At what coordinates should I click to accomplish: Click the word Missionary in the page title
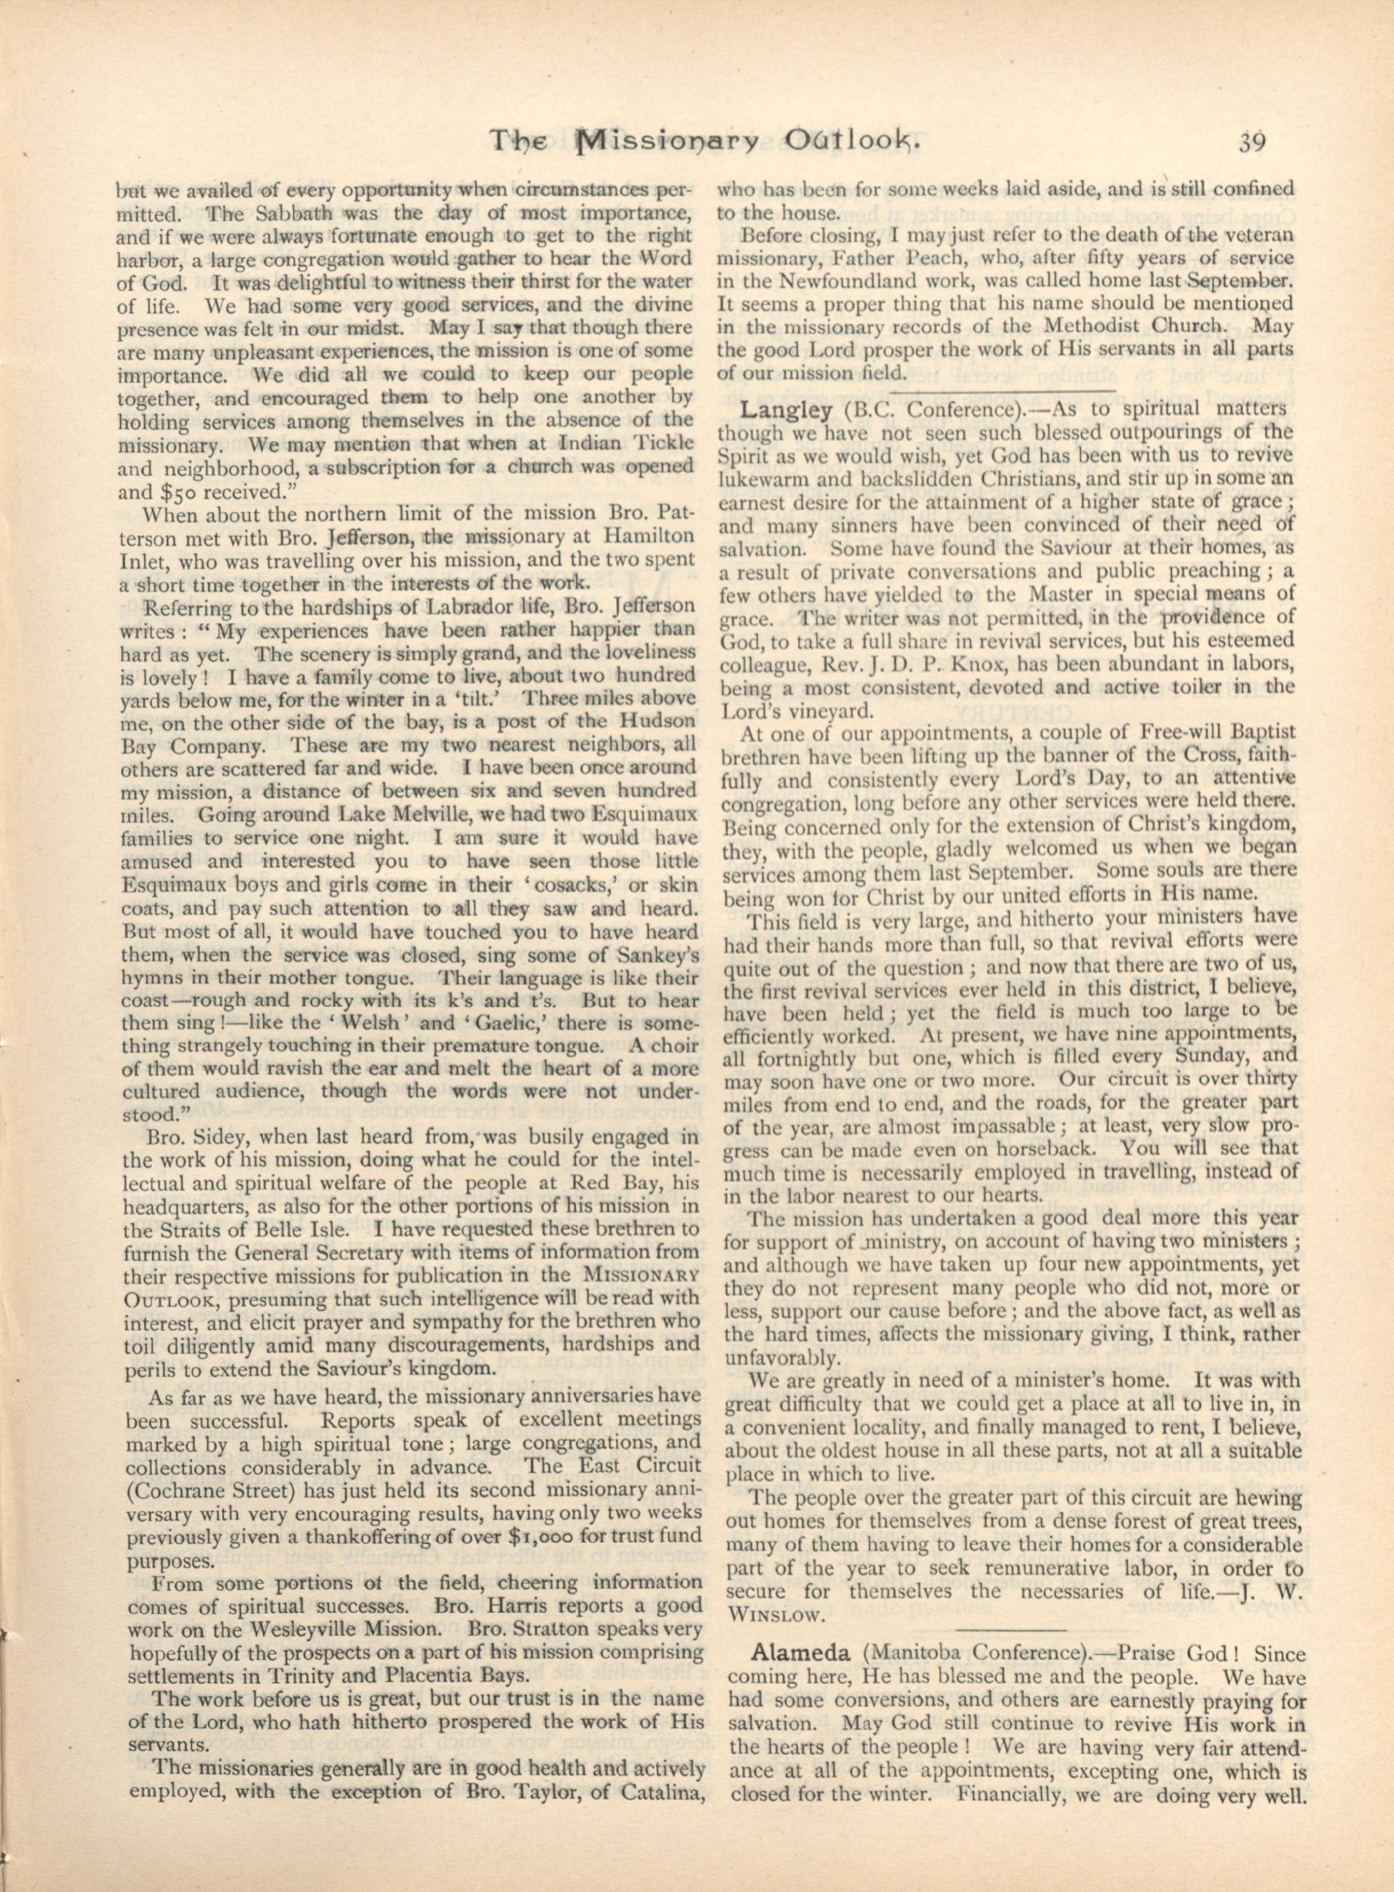point(666,141)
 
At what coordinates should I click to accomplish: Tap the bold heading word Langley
point(786,410)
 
